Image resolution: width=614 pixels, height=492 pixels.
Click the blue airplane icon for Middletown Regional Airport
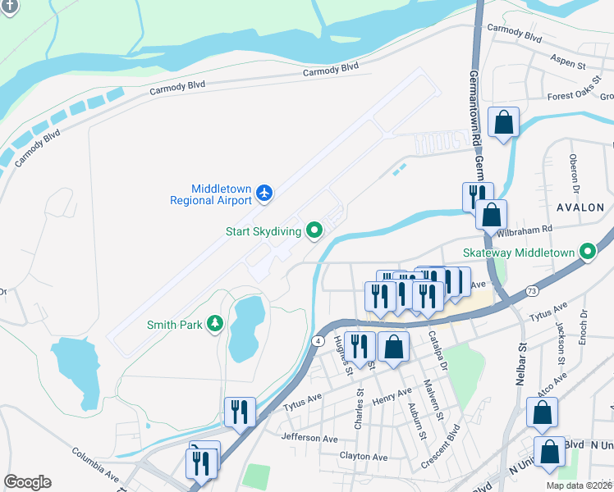[263, 193]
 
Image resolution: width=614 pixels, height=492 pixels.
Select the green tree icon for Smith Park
[215, 325]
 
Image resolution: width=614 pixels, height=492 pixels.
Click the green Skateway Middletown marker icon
[587, 251]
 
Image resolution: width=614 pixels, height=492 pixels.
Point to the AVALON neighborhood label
[579, 207]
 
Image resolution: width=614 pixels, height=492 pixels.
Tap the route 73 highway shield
[533, 290]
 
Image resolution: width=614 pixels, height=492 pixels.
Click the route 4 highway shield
[318, 339]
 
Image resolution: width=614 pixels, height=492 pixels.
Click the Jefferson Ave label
[309, 438]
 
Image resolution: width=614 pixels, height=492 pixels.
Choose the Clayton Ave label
[363, 457]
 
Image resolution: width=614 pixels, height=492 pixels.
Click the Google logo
[27, 482]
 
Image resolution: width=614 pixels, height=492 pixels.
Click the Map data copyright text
[578, 485]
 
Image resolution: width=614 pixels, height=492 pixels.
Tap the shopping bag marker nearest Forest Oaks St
[503, 122]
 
